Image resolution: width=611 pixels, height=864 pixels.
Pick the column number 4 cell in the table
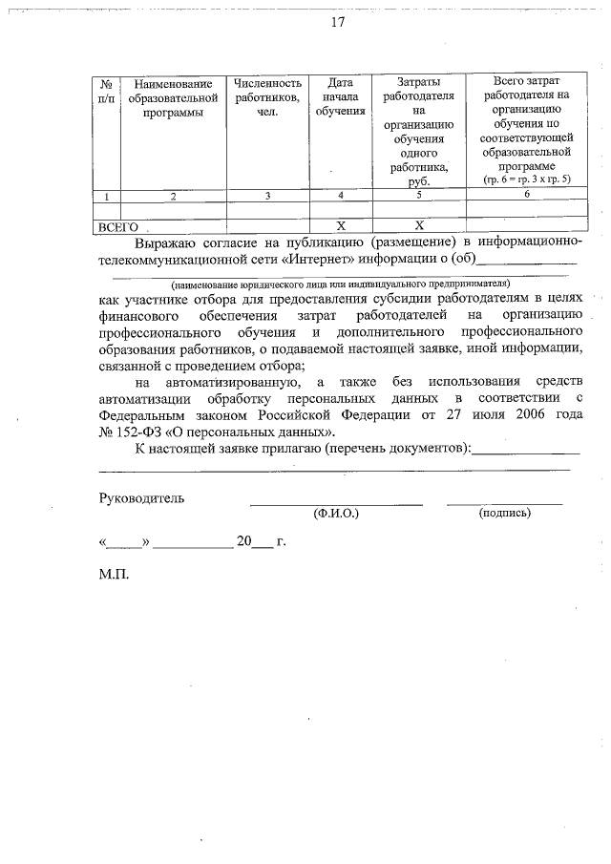[x=340, y=196]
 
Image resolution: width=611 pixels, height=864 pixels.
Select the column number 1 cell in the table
[x=106, y=196]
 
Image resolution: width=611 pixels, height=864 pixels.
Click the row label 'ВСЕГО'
[x=119, y=227]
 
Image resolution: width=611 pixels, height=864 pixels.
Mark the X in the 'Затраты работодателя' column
[x=418, y=226]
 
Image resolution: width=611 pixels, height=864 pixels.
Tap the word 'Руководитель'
[x=142, y=497]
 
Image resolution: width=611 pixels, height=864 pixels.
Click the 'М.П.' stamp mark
[x=113, y=576]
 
